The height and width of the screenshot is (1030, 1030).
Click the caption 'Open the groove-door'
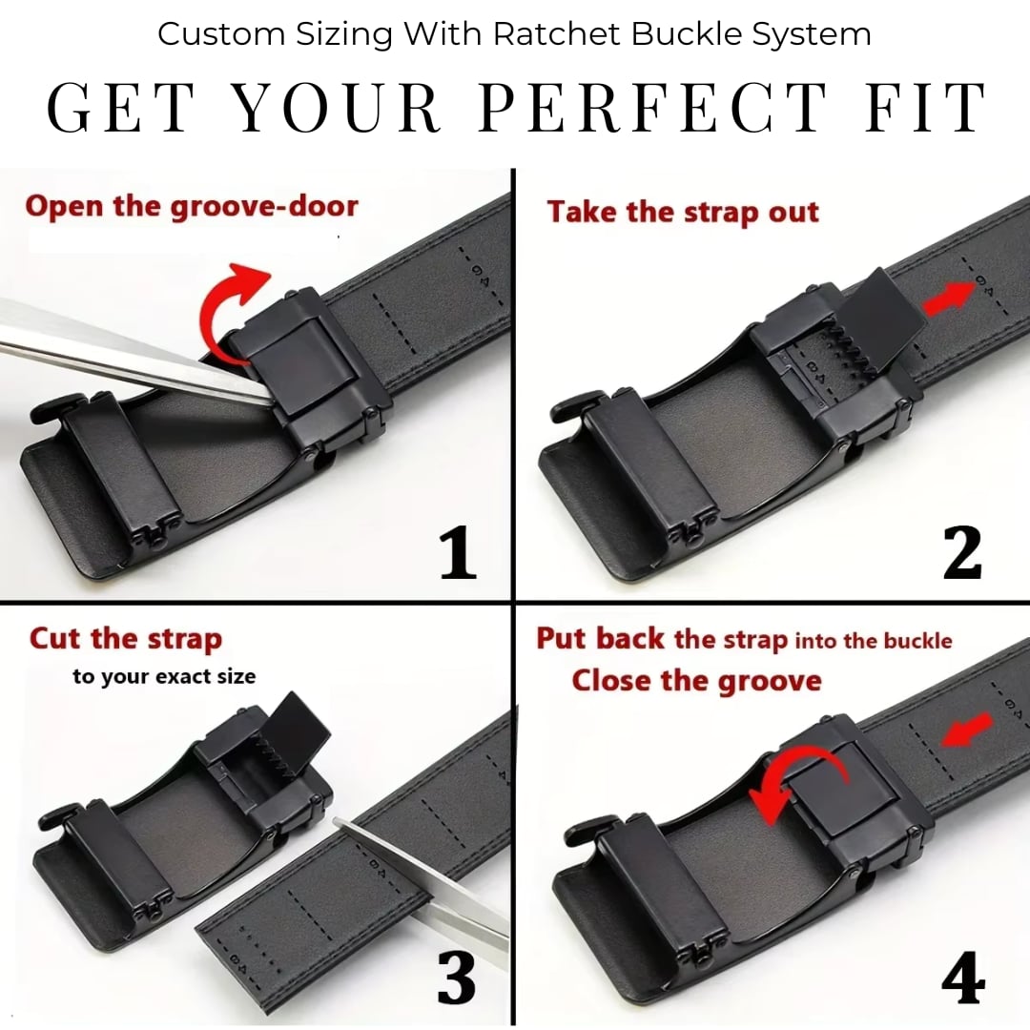pyautogui.click(x=192, y=206)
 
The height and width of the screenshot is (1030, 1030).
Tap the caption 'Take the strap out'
pyautogui.click(x=683, y=212)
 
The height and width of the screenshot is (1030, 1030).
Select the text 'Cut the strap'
pyautogui.click(x=126, y=639)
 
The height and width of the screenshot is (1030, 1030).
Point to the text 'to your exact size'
pyautogui.click(x=164, y=677)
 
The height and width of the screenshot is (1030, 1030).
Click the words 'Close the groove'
pyautogui.click(x=696, y=681)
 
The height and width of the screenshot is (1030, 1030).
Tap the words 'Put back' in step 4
pyautogui.click(x=600, y=639)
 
